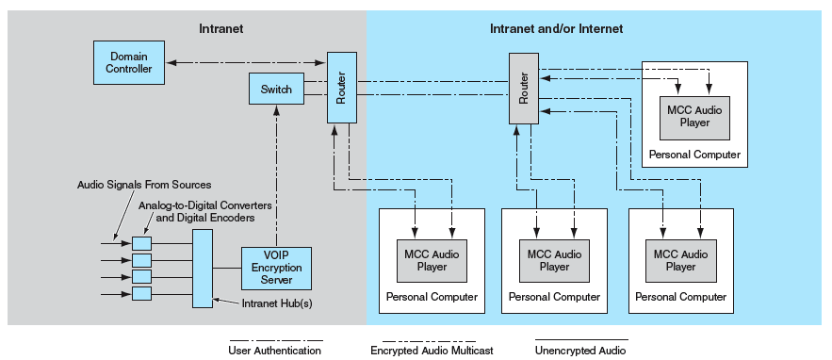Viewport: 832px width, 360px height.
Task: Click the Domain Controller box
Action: pyautogui.click(x=129, y=63)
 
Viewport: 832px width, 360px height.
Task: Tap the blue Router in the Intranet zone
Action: pyautogui.click(x=341, y=88)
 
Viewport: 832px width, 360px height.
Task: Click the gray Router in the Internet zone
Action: pyautogui.click(x=523, y=88)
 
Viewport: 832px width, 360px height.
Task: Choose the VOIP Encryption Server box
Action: pyautogui.click(x=276, y=268)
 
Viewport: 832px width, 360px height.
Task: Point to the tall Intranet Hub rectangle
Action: pyautogui.click(x=203, y=268)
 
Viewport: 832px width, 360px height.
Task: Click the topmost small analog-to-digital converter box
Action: pyautogui.click(x=141, y=243)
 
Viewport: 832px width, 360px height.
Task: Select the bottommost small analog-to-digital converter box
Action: pyautogui.click(x=141, y=293)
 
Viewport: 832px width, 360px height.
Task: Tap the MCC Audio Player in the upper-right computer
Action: pyautogui.click(x=693, y=116)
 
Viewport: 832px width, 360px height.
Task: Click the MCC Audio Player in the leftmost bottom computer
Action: pyautogui.click(x=432, y=260)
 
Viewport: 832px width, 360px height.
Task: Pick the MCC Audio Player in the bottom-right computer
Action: pyautogui.click(x=680, y=260)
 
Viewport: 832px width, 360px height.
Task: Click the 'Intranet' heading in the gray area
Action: pyautogui.click(x=221, y=29)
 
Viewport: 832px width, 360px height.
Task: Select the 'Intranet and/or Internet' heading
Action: pyautogui.click(x=556, y=29)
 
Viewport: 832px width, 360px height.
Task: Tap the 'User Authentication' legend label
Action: pyautogui.click(x=274, y=351)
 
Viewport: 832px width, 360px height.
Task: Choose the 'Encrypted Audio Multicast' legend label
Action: pyautogui.click(x=432, y=351)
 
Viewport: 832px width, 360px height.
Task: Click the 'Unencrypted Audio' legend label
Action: pyautogui.click(x=579, y=351)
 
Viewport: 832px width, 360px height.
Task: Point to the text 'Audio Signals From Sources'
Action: pyautogui.click(x=143, y=185)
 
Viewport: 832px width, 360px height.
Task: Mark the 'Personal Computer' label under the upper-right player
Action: pyautogui.click(x=694, y=155)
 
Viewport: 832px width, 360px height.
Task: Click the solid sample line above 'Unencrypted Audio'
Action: pyautogui.click(x=580, y=339)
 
